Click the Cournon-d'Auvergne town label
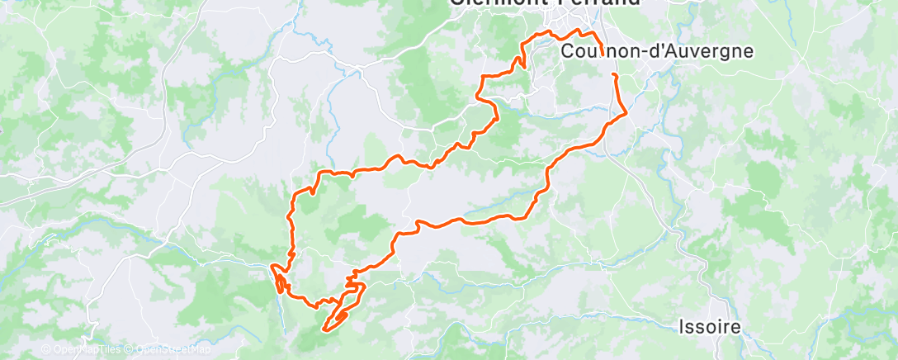[657, 51]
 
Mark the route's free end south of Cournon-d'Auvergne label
[614, 74]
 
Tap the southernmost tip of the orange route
[326, 331]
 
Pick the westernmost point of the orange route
[272, 266]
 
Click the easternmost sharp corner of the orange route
[627, 111]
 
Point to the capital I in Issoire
[682, 327]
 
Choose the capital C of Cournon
[567, 51]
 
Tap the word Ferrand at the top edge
[606, 2]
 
